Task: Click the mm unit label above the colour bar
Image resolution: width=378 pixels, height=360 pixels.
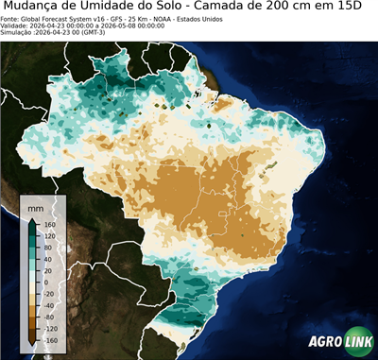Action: (36, 205)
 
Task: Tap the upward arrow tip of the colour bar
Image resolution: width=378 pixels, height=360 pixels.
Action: (31, 218)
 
